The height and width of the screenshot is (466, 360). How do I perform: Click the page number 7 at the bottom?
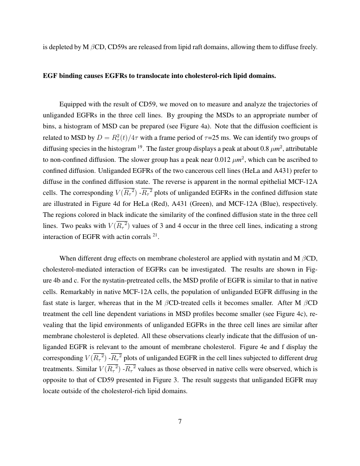[x=180, y=422]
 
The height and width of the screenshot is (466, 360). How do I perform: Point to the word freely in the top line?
[x=306, y=47]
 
